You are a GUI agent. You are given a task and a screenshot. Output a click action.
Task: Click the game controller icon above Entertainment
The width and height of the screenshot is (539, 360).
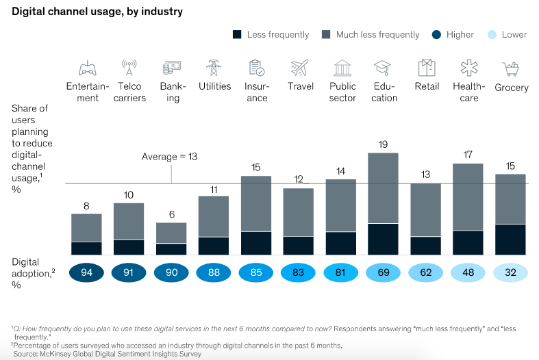(87, 68)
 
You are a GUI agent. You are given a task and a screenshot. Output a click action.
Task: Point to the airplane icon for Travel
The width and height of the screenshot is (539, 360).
(300, 68)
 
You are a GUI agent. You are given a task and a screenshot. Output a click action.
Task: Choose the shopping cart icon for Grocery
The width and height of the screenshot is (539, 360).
(511, 68)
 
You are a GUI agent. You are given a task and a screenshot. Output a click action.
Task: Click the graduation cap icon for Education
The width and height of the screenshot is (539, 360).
(382, 68)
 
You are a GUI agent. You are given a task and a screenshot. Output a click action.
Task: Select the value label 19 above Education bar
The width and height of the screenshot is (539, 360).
(384, 145)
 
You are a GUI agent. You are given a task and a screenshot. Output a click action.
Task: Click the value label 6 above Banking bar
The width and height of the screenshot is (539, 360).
(171, 214)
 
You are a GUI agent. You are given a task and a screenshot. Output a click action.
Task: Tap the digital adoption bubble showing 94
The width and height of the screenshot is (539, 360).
(87, 272)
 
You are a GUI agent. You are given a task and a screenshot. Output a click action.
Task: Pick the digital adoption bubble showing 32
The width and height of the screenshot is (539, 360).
(511, 272)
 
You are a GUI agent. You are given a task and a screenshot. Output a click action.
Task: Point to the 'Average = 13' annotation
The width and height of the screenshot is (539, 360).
(169, 157)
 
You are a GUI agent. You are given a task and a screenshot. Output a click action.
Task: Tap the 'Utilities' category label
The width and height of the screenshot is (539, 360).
(214, 87)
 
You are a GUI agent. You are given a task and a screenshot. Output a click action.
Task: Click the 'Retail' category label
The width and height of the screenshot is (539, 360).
(427, 87)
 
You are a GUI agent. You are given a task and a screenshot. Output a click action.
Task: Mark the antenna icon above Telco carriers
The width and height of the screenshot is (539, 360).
(129, 68)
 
